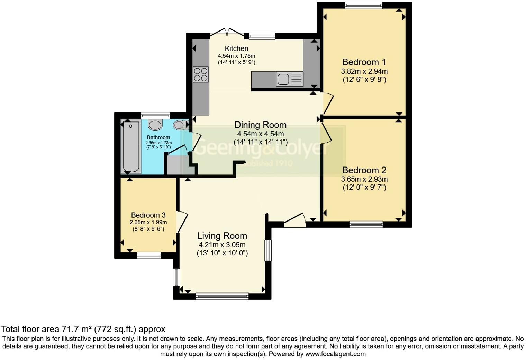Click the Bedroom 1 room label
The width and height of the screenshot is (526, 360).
364,62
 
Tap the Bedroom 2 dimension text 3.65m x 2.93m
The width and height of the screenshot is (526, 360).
364,179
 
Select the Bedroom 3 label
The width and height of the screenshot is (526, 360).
148,215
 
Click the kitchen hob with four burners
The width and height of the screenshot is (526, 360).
201,74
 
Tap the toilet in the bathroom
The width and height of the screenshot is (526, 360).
155,125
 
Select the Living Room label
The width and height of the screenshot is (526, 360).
222,236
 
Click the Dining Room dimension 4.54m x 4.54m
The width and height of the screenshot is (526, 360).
260,134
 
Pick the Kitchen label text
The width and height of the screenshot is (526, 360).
236,48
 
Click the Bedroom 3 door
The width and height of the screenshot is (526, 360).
182,222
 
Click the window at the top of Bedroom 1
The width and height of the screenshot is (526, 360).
363,5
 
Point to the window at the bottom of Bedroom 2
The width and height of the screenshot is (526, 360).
366,224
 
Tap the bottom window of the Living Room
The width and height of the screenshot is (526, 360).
222,296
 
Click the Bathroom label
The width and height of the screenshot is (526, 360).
158,137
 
